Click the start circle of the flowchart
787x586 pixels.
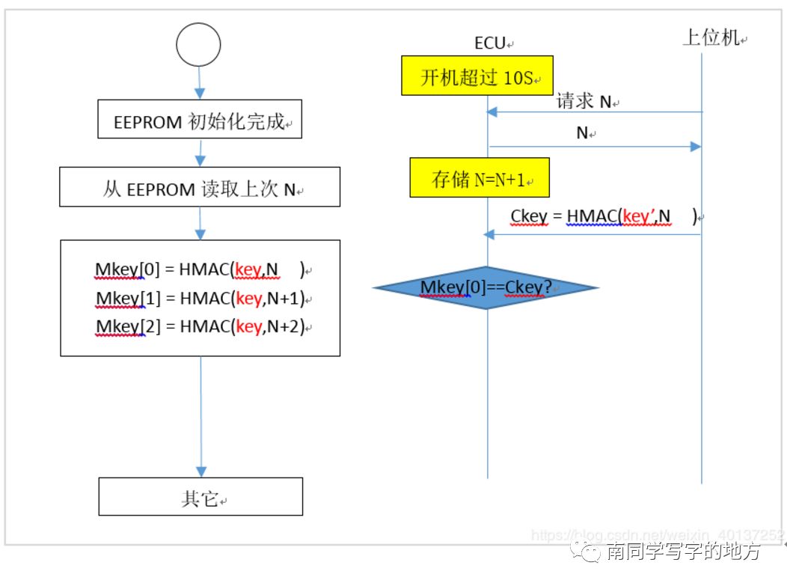(x=198, y=44)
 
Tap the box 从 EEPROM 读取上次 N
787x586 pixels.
(x=200, y=189)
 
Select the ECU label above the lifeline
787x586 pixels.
(x=490, y=43)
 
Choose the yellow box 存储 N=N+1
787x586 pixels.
(x=480, y=178)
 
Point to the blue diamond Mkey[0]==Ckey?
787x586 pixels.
(x=486, y=287)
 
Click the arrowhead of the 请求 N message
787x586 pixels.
(x=492, y=112)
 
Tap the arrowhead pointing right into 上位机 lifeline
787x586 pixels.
(x=695, y=147)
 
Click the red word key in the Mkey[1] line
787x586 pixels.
(x=248, y=299)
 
